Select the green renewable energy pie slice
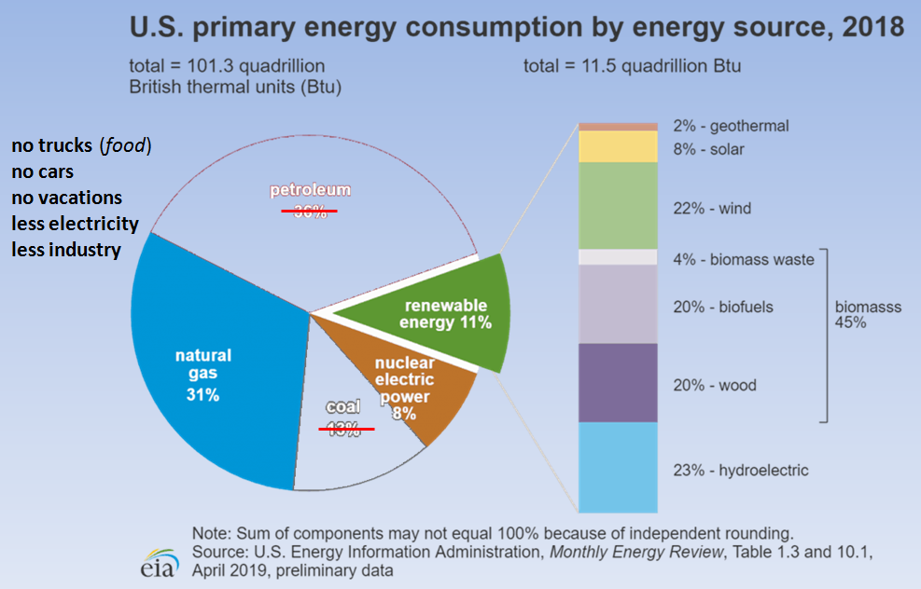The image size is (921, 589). (446, 314)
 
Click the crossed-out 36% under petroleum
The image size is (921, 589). (310, 212)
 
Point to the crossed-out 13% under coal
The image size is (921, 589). (343, 429)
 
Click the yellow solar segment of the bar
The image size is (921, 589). (618, 146)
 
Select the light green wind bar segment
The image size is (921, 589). (618, 206)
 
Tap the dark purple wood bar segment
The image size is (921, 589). (618, 383)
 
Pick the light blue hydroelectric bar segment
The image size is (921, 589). (618, 468)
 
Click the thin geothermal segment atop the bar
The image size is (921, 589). (618, 127)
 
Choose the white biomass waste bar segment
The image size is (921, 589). (618, 257)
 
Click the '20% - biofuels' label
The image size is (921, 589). (723, 307)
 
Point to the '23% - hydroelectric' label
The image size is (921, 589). (741, 470)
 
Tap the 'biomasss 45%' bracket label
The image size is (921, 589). (868, 314)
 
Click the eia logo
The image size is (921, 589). (159, 563)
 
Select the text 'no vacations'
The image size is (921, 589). (67, 198)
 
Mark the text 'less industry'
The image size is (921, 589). (66, 250)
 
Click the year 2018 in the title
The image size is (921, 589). (872, 27)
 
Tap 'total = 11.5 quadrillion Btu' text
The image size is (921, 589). (632, 66)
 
